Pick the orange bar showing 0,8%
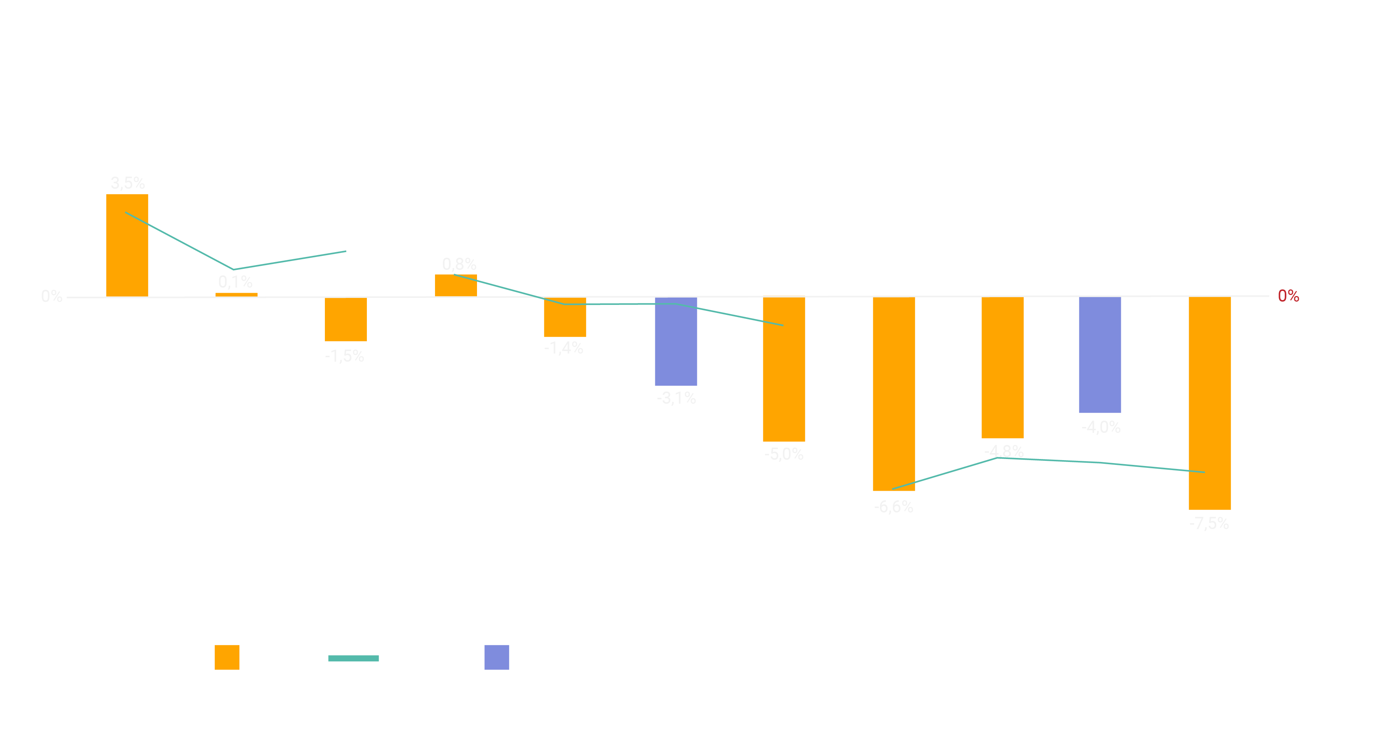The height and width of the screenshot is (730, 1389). point(456,285)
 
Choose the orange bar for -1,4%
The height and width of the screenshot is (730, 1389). point(565,317)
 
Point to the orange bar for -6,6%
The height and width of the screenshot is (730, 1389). point(894,394)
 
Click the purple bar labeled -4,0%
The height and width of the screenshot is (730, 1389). point(1099,355)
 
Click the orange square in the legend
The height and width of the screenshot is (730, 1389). point(227,657)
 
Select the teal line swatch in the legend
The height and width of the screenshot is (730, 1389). point(353,658)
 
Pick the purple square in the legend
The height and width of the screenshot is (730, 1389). point(497,657)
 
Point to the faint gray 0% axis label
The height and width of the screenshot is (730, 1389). point(52,296)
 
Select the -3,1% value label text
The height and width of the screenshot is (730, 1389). point(676,398)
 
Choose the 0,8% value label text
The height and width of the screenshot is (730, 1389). point(459,264)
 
